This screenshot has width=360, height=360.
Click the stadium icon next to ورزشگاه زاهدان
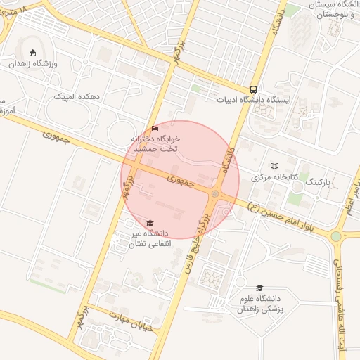[32, 52]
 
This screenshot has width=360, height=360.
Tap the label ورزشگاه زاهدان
[37, 63]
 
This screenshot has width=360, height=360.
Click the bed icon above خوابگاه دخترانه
[155, 128]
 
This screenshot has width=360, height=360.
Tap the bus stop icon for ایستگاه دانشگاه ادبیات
[253, 89]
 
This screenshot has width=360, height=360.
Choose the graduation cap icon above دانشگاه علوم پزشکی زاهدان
[259, 288]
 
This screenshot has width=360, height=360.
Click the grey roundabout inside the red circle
[215, 193]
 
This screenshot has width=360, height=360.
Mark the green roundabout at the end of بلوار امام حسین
[336, 236]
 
